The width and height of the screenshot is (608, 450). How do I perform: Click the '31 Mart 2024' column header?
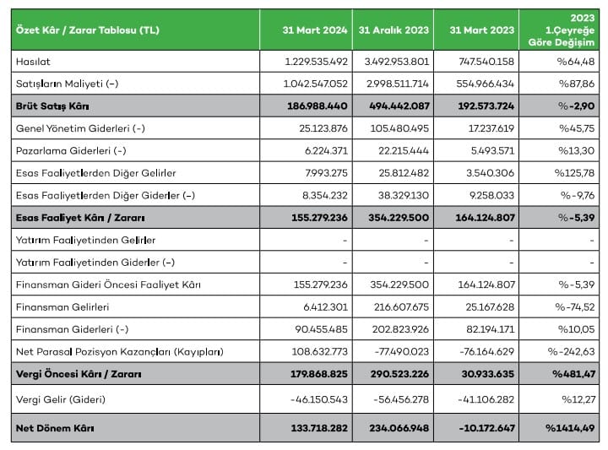click(312, 30)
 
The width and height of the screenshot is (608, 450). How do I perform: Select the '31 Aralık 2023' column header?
click(394, 30)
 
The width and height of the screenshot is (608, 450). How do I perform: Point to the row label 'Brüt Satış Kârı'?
click(52, 106)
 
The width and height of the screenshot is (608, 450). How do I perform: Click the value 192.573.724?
click(480, 106)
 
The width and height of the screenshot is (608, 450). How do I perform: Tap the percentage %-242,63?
click(572, 350)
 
